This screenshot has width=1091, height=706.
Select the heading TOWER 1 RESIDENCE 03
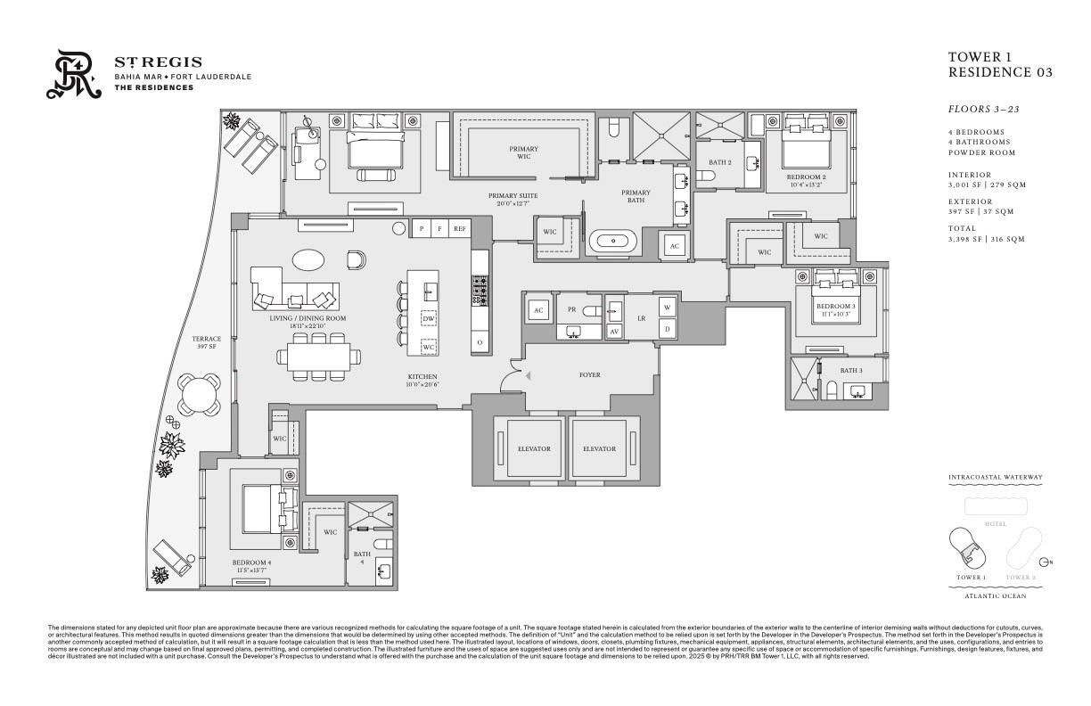999,65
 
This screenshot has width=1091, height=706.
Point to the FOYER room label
589,375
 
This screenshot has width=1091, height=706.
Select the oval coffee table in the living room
309,260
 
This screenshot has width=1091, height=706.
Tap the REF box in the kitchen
460,228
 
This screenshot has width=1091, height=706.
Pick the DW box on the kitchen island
429,318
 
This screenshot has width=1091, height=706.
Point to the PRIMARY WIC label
523,152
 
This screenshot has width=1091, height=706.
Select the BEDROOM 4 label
251,562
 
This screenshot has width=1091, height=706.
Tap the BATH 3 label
850,370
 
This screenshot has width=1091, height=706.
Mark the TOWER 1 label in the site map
971,578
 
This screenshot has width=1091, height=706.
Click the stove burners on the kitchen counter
480,290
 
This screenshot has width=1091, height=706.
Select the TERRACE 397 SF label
206,342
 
